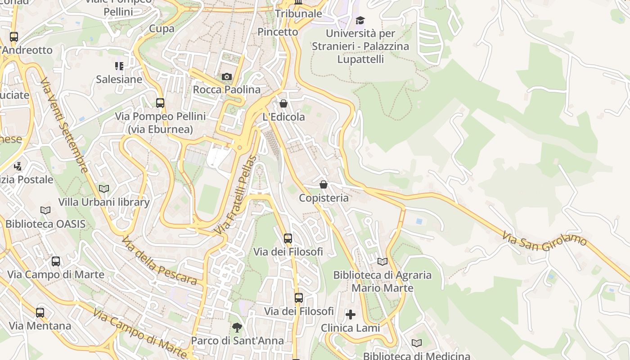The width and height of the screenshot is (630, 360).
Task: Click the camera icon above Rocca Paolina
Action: [x=227, y=77]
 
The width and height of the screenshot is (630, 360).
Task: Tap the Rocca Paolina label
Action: [x=227, y=90]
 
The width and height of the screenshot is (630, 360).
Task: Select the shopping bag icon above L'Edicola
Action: [x=283, y=104]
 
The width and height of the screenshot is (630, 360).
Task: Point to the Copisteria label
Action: [x=324, y=198]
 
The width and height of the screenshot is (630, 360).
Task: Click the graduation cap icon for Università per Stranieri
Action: [x=360, y=20]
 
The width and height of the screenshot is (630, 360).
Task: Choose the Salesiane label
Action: [x=119, y=80]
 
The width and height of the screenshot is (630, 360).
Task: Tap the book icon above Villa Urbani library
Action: [x=104, y=189]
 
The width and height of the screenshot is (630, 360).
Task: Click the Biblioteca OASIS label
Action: [x=45, y=224]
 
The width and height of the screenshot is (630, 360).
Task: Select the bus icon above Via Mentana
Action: [x=40, y=312]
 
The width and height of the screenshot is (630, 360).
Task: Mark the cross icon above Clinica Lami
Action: [x=351, y=315]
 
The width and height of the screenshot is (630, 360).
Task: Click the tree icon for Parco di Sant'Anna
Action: [x=237, y=328]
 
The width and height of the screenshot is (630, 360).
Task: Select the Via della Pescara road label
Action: [x=159, y=261]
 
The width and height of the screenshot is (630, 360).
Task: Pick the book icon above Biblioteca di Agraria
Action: [x=382, y=261]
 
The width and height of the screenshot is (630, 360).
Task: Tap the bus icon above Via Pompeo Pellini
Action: [x=160, y=103]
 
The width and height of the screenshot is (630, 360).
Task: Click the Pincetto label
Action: [x=278, y=32]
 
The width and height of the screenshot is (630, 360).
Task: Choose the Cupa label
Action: [x=162, y=29]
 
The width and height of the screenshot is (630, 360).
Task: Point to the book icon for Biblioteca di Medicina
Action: [x=417, y=343]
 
